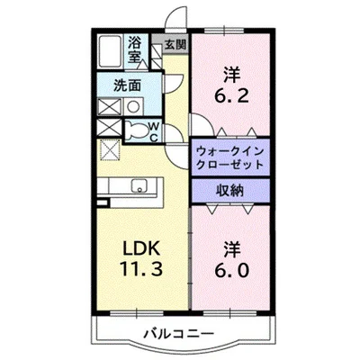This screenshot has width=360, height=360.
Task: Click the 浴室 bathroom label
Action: (x=135, y=49)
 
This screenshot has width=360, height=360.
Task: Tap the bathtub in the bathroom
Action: (x=111, y=51)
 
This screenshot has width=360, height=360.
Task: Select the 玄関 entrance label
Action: (x=175, y=43)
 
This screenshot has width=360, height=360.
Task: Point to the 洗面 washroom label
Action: (x=127, y=85)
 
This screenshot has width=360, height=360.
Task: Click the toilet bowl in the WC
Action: (x=138, y=131)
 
